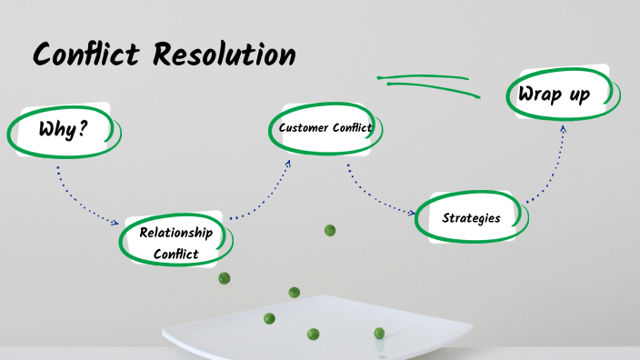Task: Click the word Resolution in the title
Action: (224, 55)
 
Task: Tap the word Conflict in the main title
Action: (87, 55)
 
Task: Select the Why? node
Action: (63, 130)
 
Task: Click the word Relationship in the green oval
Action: (175, 233)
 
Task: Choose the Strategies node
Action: (470, 218)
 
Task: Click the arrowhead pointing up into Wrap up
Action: (564, 129)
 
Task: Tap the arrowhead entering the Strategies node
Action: (414, 214)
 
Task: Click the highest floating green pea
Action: (330, 231)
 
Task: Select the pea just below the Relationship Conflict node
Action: (225, 278)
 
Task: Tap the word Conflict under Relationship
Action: (175, 254)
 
